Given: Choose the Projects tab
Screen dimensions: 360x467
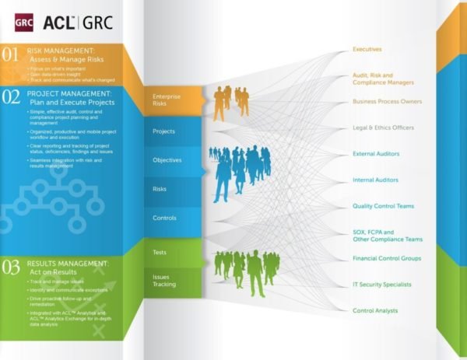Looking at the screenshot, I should click(x=164, y=131).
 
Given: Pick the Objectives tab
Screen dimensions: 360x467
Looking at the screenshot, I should click(x=167, y=160).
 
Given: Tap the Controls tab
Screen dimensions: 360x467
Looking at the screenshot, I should click(x=165, y=218).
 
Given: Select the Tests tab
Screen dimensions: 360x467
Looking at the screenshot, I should click(x=160, y=252).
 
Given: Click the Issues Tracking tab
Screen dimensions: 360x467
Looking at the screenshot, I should click(x=164, y=280).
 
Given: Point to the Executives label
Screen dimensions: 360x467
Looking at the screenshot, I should click(x=367, y=50).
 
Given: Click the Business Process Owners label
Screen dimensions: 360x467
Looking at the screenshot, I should click(x=387, y=102).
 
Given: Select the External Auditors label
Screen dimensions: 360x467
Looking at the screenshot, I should click(x=375, y=154).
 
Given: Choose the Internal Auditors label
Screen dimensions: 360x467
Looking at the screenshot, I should click(x=375, y=180).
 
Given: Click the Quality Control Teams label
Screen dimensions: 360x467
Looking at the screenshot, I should click(x=383, y=206).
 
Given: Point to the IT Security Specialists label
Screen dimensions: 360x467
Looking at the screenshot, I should click(x=382, y=285).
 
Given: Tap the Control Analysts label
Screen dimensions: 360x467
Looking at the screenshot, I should click(x=375, y=311).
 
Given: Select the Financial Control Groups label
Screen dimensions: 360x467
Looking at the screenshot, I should click(x=387, y=258).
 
